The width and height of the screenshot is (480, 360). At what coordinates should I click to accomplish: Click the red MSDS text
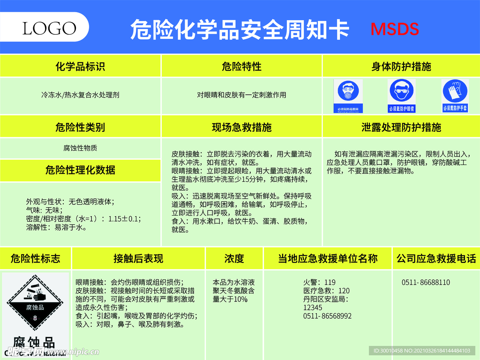tap(395, 29)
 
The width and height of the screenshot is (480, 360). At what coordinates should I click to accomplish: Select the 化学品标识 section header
tap(80, 67)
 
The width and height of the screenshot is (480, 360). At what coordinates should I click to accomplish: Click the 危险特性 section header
tap(241, 67)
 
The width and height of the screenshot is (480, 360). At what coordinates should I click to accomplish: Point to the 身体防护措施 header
tap(401, 67)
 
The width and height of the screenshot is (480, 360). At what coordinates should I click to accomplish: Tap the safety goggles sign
tap(402, 95)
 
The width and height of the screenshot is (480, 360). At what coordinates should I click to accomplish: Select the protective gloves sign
tap(455, 95)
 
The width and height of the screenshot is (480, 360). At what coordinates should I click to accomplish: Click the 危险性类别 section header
tap(80, 127)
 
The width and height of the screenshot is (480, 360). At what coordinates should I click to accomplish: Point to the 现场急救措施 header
tap(241, 127)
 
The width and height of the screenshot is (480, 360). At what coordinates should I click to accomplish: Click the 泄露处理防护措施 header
tap(401, 127)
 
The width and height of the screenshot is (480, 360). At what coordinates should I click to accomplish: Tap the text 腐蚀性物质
tap(80, 148)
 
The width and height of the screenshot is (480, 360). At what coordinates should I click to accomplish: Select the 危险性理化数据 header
tap(80, 170)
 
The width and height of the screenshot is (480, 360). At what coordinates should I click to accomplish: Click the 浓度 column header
tap(234, 258)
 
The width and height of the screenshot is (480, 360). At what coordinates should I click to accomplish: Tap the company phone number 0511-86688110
tap(426, 283)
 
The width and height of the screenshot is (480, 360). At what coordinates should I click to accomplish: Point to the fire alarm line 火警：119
tap(319, 283)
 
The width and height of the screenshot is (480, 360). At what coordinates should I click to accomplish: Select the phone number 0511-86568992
tap(327, 316)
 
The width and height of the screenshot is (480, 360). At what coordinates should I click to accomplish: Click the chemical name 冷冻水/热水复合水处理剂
tap(80, 95)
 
